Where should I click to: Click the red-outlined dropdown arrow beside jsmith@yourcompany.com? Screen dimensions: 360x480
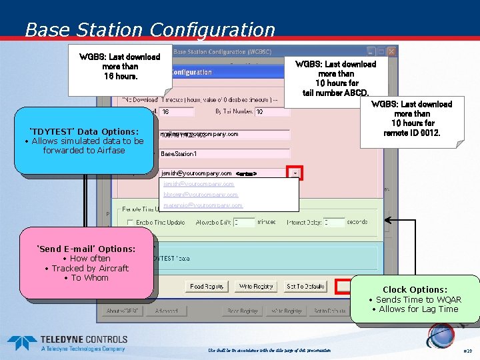[x=295, y=173]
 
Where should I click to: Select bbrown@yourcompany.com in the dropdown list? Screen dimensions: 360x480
[x=201, y=195]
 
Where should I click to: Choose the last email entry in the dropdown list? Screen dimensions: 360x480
[x=203, y=205]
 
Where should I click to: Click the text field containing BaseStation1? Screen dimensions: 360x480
[x=224, y=153]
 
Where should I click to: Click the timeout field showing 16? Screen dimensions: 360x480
[x=177, y=112]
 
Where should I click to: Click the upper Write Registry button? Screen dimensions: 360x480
[x=255, y=287]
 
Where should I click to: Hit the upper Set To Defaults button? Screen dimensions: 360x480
[x=305, y=287]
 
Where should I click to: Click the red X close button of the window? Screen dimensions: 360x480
[x=392, y=51]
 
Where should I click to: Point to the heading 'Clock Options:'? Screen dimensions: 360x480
[x=415, y=289]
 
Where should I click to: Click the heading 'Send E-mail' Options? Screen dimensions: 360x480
[x=86, y=249]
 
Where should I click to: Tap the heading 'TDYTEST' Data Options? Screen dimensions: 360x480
[x=84, y=131]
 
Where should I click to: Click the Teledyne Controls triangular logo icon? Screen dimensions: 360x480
[x=22, y=343]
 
